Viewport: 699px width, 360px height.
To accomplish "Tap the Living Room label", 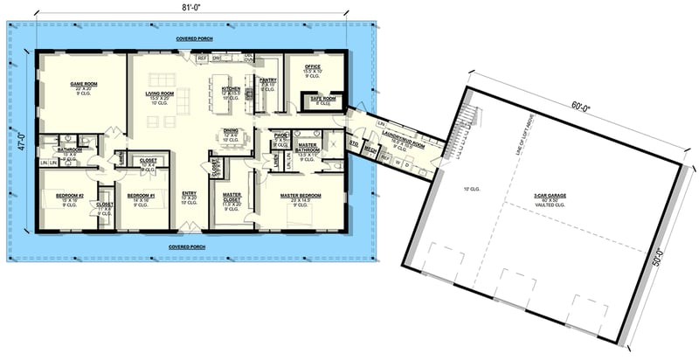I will coord(160,93).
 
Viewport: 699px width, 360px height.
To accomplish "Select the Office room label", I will coord(311,66).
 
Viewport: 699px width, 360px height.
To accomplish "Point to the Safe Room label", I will coord(323,100).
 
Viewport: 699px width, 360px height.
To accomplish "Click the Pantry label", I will coord(268,80).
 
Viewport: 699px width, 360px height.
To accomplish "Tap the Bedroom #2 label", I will coord(67,196).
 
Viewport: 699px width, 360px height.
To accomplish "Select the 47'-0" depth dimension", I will coord(19,137).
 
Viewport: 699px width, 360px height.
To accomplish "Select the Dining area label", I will coord(231,131).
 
